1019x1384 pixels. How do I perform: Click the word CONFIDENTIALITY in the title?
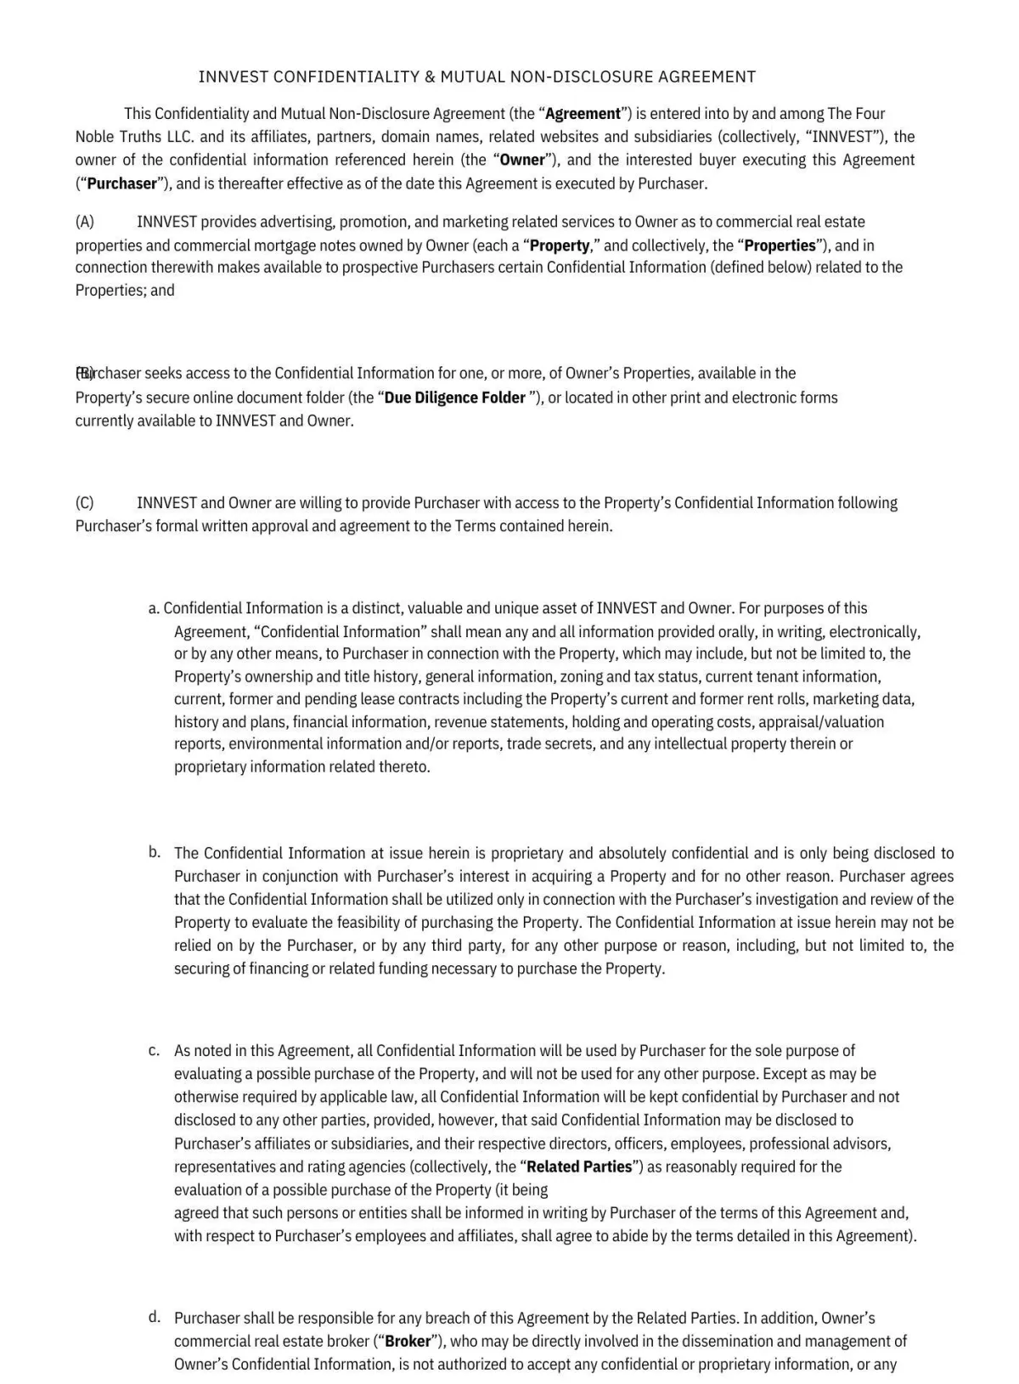click(x=346, y=77)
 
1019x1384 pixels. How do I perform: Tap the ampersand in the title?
click(x=430, y=77)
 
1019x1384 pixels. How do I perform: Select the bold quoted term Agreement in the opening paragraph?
click(x=583, y=114)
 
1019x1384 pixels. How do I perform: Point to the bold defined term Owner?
click(x=522, y=160)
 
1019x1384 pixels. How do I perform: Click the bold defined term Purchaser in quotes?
click(x=122, y=184)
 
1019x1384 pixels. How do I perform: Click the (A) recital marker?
click(x=85, y=222)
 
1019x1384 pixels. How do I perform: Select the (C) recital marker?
click(x=85, y=503)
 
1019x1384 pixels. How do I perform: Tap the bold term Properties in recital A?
click(x=780, y=246)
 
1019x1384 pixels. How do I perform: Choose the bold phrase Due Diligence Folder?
click(x=455, y=398)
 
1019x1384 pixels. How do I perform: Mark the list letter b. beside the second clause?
click(x=154, y=851)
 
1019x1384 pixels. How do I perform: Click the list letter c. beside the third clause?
click(x=154, y=1051)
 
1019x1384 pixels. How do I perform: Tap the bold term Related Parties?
click(x=579, y=1167)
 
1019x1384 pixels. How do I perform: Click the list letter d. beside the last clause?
click(x=154, y=1317)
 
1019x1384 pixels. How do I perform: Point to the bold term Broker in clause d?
click(x=408, y=1342)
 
